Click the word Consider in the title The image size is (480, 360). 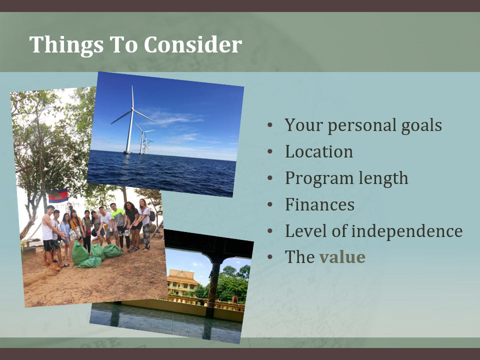pyautogui.click(x=193, y=44)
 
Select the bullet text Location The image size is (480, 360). pyautogui.click(x=319, y=151)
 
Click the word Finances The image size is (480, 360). pyautogui.click(x=319, y=204)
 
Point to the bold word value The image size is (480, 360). pyautogui.click(x=342, y=256)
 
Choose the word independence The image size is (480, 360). pyautogui.click(x=407, y=231)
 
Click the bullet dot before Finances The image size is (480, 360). pyautogui.click(x=269, y=204)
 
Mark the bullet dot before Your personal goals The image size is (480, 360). pyautogui.click(x=269, y=125)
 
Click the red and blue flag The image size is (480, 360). pyautogui.click(x=58, y=195)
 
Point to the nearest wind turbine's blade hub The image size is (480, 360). pyautogui.click(x=132, y=108)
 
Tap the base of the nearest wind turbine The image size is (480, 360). pyautogui.click(x=127, y=152)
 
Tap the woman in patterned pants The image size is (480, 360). pyautogui.click(x=145, y=224)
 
